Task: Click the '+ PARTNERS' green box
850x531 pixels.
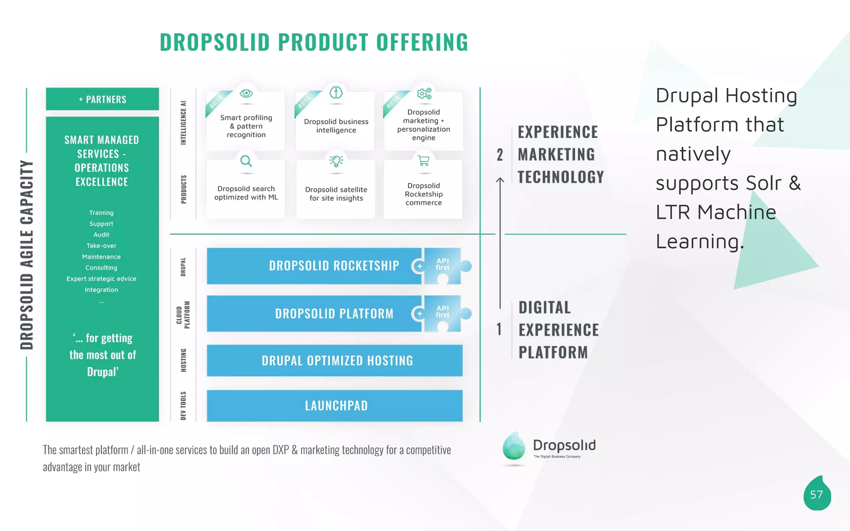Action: point(102,99)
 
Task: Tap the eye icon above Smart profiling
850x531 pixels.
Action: point(246,93)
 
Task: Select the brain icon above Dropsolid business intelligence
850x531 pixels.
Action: point(336,93)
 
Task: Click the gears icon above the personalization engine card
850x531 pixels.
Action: point(424,93)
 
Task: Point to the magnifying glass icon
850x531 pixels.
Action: point(246,161)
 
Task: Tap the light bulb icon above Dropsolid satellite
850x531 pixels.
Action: point(336,161)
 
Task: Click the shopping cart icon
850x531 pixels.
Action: point(424,161)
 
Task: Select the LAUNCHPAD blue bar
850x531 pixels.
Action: point(335,405)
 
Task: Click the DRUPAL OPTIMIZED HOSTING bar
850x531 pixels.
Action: point(335,360)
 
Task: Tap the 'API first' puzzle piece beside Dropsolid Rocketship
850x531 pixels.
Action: point(443,265)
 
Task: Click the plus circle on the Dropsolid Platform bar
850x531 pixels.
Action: point(420,314)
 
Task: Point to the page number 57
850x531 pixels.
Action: point(816,494)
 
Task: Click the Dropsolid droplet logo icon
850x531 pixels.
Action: point(514,446)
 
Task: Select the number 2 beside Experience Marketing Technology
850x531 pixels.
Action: point(500,155)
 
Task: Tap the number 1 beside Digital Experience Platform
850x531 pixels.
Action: point(499,329)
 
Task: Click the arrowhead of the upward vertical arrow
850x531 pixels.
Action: point(500,180)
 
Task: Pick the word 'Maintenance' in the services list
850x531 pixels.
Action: point(101,257)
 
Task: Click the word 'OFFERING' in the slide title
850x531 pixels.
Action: point(422,42)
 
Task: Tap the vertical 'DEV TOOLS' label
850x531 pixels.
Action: point(183,405)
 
